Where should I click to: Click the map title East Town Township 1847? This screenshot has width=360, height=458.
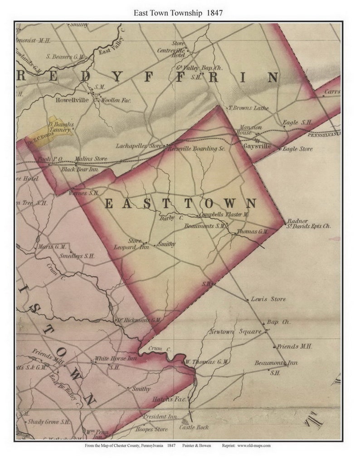(x=178, y=13)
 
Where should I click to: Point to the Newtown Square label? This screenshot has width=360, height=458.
(x=235, y=331)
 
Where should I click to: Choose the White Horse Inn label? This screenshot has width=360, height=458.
(x=109, y=359)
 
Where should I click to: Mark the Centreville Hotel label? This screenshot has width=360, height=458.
(x=171, y=50)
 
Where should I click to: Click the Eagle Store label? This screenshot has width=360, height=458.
(x=297, y=149)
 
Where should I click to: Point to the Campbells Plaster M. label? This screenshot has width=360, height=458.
(x=224, y=214)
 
